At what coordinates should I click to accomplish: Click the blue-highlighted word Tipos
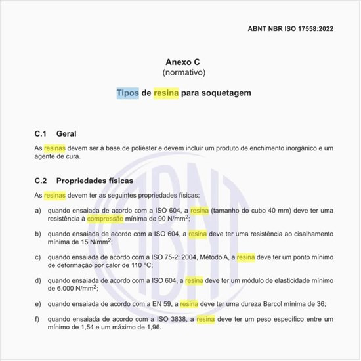point(127,93)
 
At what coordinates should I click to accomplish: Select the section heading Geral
point(67,133)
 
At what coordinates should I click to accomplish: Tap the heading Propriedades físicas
point(95,179)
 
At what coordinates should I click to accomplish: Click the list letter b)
point(38,233)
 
